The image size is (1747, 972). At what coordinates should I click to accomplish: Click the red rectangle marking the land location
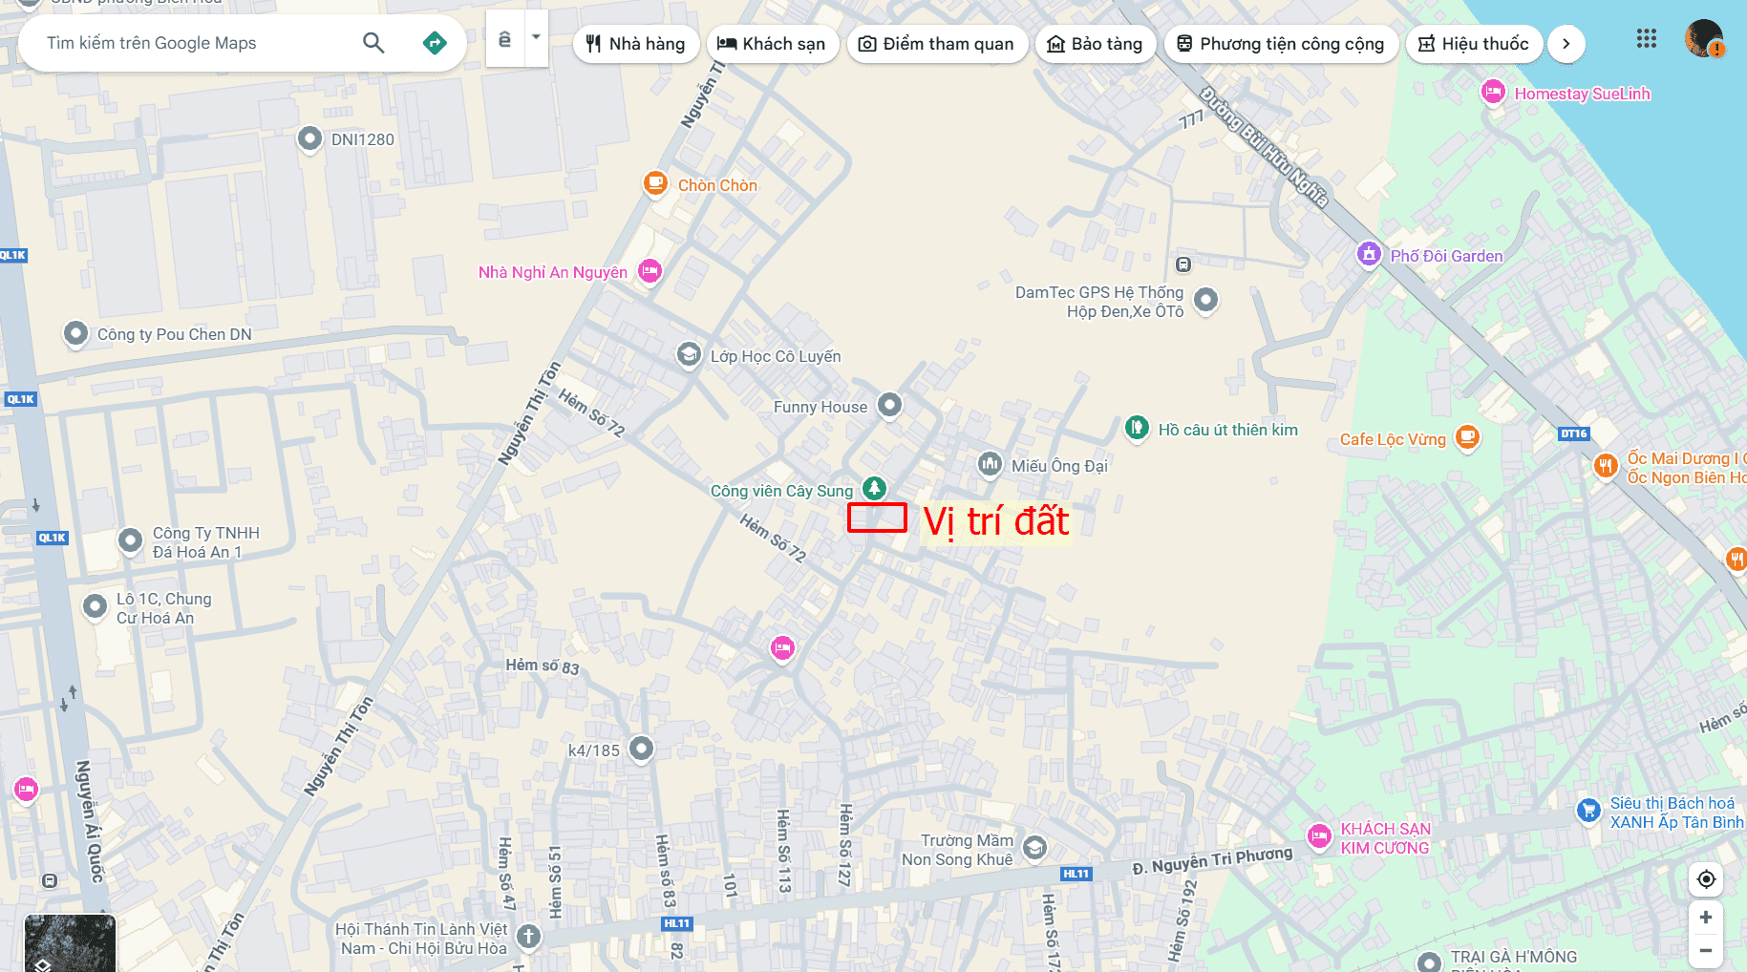pos(877,518)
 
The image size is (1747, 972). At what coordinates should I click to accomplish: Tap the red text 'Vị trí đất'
pos(996,521)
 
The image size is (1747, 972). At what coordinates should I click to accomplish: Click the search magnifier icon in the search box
pos(373,43)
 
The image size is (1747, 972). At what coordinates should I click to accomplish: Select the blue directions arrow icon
pos(435,43)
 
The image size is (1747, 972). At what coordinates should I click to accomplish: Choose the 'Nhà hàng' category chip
pos(636,44)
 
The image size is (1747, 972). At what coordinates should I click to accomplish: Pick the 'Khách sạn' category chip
pos(772,44)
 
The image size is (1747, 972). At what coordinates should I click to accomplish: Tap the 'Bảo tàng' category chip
pos(1096,44)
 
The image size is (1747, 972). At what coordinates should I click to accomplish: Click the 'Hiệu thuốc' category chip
pos(1474,44)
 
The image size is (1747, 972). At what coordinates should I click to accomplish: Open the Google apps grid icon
pos(1646,39)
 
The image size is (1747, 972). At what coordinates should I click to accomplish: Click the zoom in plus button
pos(1706,918)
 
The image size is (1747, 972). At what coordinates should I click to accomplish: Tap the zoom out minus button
pos(1706,951)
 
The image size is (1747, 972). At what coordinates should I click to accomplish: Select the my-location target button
pos(1706,879)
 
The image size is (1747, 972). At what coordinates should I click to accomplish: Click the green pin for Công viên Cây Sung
pos(874,488)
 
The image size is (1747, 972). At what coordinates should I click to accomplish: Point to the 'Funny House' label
pos(820,408)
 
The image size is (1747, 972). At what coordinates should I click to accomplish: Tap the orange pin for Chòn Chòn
pos(655,182)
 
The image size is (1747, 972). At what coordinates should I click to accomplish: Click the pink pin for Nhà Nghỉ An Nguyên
pos(650,271)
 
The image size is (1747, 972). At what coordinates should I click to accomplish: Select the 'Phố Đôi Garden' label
pos(1446,256)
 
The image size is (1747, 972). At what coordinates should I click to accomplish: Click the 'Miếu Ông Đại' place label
pos(1059,466)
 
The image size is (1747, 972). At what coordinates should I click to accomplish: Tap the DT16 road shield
pos(1573,433)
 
